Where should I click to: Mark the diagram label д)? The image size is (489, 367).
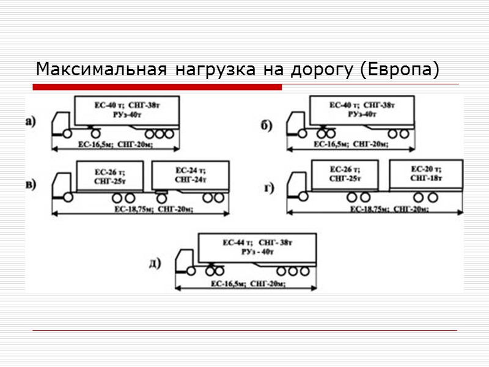point(155,264)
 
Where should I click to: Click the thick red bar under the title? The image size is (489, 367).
point(157,87)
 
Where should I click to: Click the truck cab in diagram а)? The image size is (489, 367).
point(60,122)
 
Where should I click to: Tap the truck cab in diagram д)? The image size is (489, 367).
point(185,261)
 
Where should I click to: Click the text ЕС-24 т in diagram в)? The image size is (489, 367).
point(191,170)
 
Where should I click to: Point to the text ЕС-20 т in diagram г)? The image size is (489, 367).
point(426,168)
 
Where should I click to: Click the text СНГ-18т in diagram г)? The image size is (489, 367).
point(426,177)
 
